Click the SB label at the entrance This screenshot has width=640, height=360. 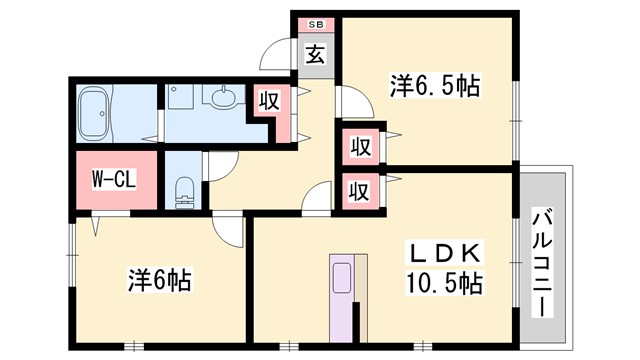315,23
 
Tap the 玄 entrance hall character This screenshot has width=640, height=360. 315,55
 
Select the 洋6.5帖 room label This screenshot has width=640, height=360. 434,87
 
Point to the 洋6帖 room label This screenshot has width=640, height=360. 159,280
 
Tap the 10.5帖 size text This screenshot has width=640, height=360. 446,283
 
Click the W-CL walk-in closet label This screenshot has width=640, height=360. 114,181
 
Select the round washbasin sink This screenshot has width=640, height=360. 221,98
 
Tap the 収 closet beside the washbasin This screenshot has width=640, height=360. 268,101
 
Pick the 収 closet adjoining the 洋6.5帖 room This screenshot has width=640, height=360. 359,147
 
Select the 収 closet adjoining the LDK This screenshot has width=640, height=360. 359,189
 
